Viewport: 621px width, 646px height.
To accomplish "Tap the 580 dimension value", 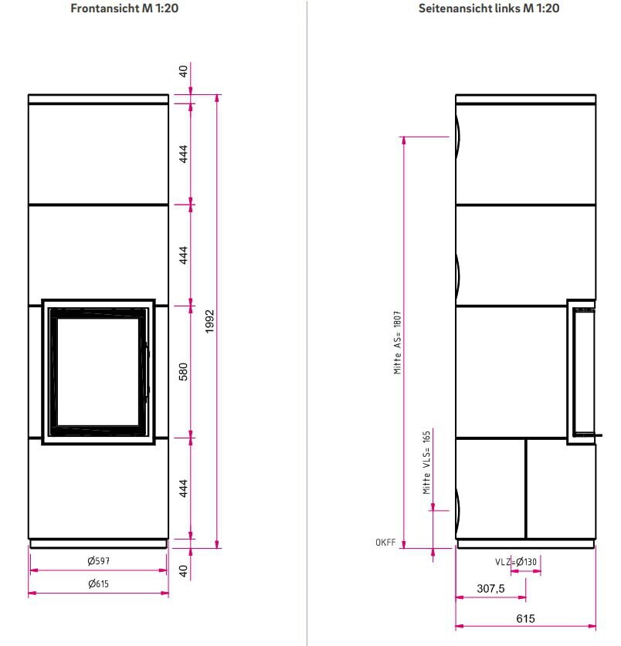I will click(184, 371).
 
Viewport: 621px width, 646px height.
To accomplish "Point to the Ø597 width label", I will click(98, 560).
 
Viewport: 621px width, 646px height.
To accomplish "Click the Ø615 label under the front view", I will click(98, 583).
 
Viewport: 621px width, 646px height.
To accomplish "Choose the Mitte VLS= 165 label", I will click(426, 463).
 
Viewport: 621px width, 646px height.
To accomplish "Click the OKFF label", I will click(385, 543).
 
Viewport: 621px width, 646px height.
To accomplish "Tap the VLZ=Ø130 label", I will click(516, 561).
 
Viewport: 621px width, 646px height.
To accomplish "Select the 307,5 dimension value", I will click(490, 588).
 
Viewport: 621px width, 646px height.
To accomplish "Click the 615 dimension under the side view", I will click(525, 618).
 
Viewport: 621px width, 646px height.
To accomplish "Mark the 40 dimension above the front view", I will click(184, 72).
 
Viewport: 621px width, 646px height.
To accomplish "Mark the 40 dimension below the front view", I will click(184, 571).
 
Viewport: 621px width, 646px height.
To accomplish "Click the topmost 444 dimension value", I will click(184, 154).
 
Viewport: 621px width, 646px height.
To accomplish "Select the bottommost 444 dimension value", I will click(184, 489).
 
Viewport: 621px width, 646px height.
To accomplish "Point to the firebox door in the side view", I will click(582, 371).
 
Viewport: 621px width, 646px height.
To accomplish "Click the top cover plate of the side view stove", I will click(525, 98).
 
